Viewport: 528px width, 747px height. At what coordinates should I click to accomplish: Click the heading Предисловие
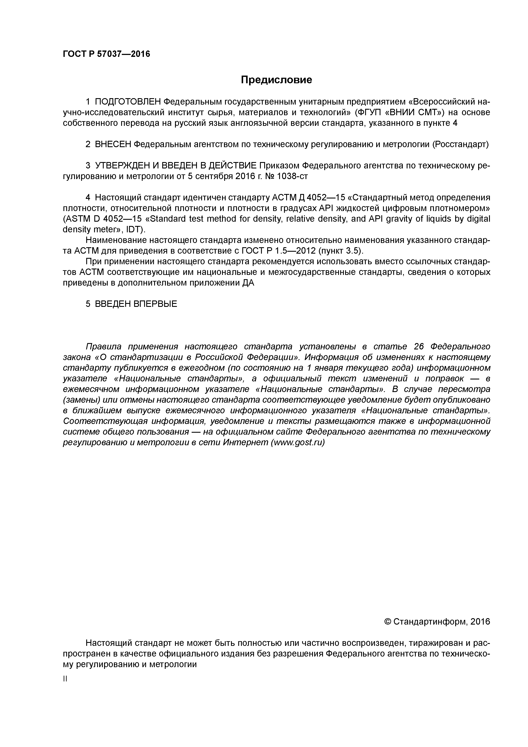click(276, 80)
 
